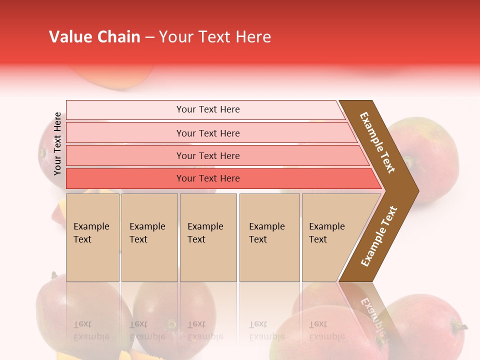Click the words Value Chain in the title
click(94, 37)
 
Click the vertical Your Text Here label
click(57, 143)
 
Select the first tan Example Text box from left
click(92, 237)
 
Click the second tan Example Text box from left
click(149, 237)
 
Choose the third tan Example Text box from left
click(208, 237)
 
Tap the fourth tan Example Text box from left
click(269, 237)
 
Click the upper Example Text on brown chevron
click(377, 142)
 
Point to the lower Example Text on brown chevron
click(378, 236)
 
